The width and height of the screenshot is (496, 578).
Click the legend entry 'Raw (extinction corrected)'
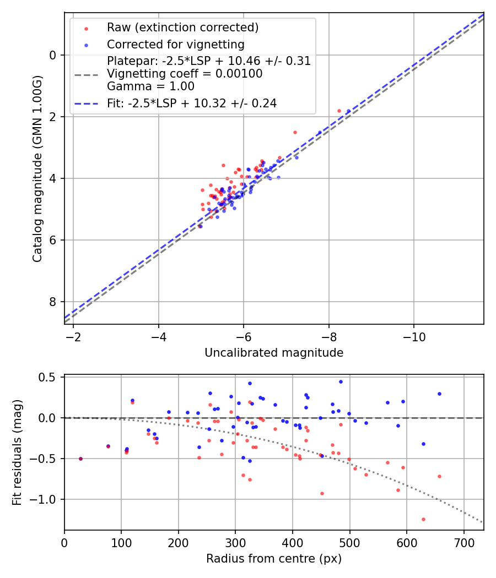182,28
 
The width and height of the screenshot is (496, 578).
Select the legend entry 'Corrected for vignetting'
175,44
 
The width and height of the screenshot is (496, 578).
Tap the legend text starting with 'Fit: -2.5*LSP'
191,103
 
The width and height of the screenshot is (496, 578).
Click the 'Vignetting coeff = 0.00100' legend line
185,74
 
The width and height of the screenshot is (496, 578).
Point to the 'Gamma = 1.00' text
150,86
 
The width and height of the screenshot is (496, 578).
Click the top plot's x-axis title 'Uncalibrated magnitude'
274,353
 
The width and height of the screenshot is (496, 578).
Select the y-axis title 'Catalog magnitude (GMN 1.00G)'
37,168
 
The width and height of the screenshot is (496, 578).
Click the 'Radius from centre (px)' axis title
274,559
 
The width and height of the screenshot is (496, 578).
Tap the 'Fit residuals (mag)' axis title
18,452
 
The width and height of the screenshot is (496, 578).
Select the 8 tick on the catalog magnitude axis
53,302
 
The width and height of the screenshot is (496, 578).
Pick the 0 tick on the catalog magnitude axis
53,55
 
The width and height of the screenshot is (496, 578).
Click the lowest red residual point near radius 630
423,519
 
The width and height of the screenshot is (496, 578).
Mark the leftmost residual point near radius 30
80,459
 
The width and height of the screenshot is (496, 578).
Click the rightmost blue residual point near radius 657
439,394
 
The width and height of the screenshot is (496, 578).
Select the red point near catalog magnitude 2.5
295,132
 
